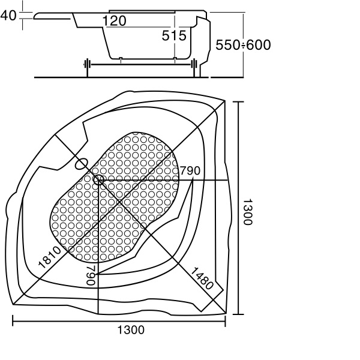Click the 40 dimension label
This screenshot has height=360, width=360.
(x=8, y=16)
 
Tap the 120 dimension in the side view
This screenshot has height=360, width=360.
(x=114, y=21)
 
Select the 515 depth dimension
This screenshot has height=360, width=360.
(x=174, y=35)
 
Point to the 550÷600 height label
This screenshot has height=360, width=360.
(x=243, y=45)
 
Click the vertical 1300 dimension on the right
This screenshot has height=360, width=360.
(x=247, y=212)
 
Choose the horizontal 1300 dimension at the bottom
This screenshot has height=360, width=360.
(x=131, y=330)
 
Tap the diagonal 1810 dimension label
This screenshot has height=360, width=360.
(x=50, y=257)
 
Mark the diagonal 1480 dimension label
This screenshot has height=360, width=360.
(x=202, y=278)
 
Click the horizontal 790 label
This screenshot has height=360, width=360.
(x=190, y=170)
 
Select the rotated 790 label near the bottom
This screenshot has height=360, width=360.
(x=91, y=275)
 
